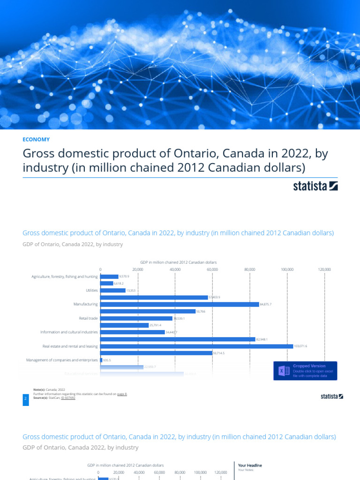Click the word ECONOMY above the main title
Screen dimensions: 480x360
point(36,139)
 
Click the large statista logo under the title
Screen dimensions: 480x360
point(315,186)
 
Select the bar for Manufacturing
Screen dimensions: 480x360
point(180,304)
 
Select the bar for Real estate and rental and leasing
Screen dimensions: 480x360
point(196,346)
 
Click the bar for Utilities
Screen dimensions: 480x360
point(112,290)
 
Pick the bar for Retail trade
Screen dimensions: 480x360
point(136,318)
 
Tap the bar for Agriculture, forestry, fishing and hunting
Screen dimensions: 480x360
point(109,277)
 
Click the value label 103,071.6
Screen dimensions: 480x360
point(300,346)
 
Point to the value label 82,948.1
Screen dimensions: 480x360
point(263,339)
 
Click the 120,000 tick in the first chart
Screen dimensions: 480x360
point(324,270)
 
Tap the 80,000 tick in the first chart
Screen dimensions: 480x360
point(250,270)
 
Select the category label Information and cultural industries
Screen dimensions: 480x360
point(69,332)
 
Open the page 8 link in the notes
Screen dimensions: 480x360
point(122,395)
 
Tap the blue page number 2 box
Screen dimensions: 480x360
point(25,398)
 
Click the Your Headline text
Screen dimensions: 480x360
point(250,465)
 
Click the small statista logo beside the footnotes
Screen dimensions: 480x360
point(331,396)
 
